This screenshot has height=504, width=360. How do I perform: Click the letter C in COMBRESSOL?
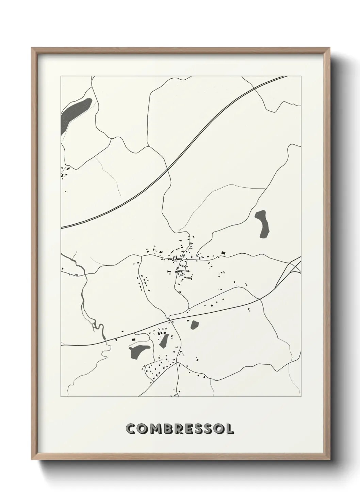[130, 429]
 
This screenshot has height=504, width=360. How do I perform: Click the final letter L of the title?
[230, 429]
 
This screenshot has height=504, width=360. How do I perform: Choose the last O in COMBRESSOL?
[218, 429]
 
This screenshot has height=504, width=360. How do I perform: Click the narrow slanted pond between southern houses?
[165, 340]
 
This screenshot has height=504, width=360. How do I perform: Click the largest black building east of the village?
[223, 252]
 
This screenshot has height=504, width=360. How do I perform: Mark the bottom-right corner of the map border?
[301, 397]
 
